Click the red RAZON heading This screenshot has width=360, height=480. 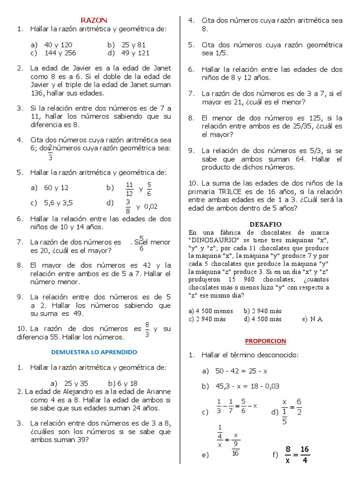tap(94, 20)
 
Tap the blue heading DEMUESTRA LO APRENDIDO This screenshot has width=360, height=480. tap(94, 352)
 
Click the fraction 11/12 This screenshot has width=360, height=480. tap(130, 189)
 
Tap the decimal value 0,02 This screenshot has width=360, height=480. tap(151, 206)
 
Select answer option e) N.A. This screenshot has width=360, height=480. tap(313, 319)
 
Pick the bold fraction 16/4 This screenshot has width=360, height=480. tap(305, 455)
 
